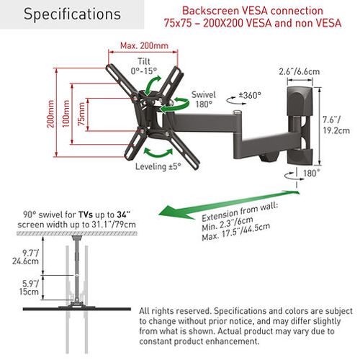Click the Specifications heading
pyautogui.click(x=72, y=14)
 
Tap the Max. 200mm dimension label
pyautogui.click(x=144, y=45)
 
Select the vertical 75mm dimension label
pyautogui.click(x=81, y=114)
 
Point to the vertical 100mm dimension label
pyautogui.click(x=66, y=114)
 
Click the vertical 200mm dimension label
pyautogui.click(x=50, y=114)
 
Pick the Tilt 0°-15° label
pyautogui.click(x=144, y=66)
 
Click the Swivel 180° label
pyautogui.click(x=204, y=99)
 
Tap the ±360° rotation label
pyautogui.click(x=250, y=95)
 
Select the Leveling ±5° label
pyautogui.click(x=158, y=166)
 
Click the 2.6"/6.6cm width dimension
pyautogui.click(x=300, y=71)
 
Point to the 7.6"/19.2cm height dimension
pyautogui.click(x=336, y=125)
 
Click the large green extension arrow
pyautogui.click(x=229, y=204)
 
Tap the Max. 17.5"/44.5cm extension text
pyautogui.click(x=236, y=232)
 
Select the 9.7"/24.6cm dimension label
pyautogui.click(x=26, y=257)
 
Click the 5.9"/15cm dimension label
pyautogui.click(x=29, y=287)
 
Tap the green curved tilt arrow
pyautogui.click(x=151, y=84)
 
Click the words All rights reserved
pyautogui.click(x=175, y=311)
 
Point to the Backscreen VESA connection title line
pyautogui.click(x=253, y=11)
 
